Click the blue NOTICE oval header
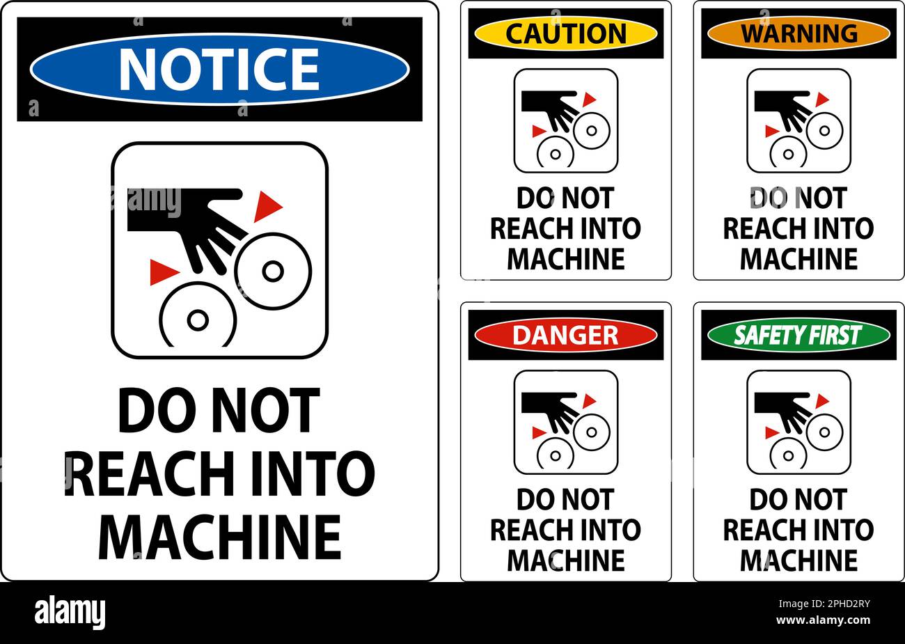pos(219,69)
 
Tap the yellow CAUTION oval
pos(565,33)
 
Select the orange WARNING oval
pos(798,33)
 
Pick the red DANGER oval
pos(565,335)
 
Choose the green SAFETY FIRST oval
pos(798,335)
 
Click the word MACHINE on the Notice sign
pos(220,537)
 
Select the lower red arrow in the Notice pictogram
pos(162,272)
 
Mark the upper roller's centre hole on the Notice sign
pos(273,270)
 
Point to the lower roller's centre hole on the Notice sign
pos(198,320)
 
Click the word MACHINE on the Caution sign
pos(565,259)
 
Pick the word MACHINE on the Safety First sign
pos(798,560)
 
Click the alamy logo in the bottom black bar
pos(70,613)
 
